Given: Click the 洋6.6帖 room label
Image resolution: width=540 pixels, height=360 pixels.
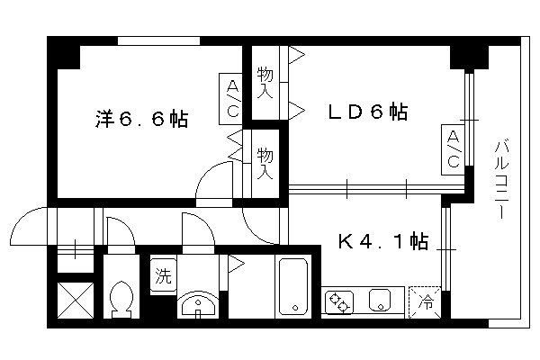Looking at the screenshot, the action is (x=141, y=119).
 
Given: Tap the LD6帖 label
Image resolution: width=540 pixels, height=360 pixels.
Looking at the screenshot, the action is (x=368, y=112).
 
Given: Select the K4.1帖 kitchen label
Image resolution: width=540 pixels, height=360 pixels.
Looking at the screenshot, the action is (x=383, y=241).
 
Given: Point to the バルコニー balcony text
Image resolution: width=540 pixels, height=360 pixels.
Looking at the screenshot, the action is (x=501, y=179).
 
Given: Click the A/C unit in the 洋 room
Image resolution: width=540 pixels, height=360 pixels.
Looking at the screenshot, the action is (x=230, y=99).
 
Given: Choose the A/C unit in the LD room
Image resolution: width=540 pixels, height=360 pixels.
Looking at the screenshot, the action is (x=453, y=149).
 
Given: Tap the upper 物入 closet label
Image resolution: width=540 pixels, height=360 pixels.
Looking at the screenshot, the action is (x=265, y=83).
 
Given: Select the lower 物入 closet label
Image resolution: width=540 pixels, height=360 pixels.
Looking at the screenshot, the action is (x=265, y=164).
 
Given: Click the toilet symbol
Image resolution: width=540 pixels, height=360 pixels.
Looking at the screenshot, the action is (x=121, y=299).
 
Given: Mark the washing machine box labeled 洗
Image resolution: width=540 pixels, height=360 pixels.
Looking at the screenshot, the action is (x=163, y=274).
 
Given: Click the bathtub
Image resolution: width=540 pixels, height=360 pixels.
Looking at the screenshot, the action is (x=293, y=286).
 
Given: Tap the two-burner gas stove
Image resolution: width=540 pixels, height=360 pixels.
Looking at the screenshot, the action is (x=339, y=302).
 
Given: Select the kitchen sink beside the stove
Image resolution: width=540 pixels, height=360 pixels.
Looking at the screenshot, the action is (x=380, y=301).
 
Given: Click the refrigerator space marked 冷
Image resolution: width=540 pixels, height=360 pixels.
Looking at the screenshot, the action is (x=425, y=302).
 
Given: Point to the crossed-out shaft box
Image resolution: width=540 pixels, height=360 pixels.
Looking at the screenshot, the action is (x=76, y=300).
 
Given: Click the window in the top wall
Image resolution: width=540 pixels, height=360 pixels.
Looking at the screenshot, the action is (x=158, y=41).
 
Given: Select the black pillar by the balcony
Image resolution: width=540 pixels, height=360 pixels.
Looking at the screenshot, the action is (x=470, y=58).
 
